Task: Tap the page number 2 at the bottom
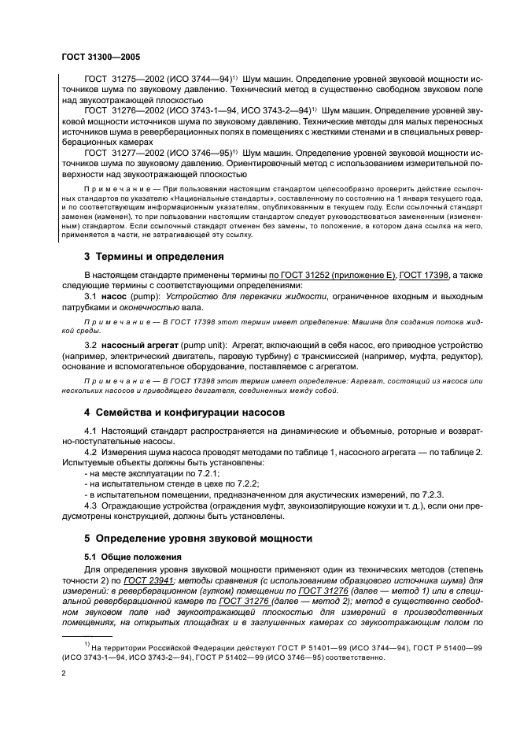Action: pos(65,673)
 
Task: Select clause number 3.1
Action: pos(90,294)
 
